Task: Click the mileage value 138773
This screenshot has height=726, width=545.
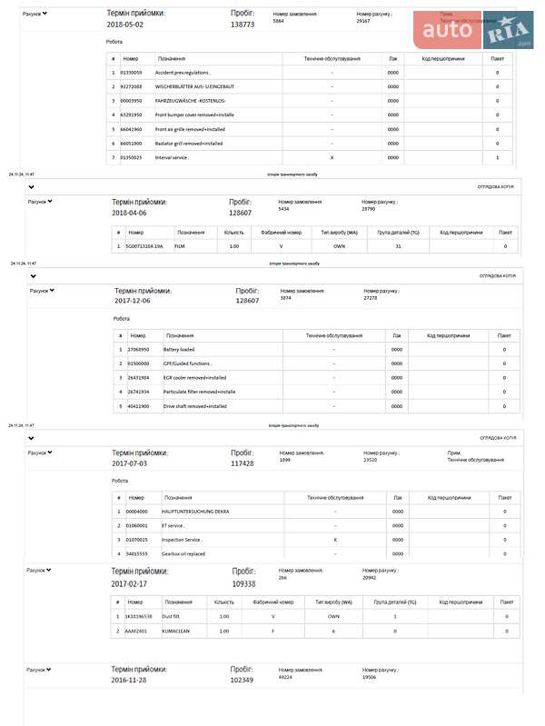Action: (243, 25)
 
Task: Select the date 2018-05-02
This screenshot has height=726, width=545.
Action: (126, 25)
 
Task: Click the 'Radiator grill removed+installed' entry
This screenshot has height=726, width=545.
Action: (189, 144)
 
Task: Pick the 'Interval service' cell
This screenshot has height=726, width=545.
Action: (172, 158)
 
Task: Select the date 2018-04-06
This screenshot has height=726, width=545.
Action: (129, 213)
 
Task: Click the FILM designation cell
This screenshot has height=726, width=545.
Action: (180, 246)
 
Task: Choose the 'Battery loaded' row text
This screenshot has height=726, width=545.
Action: (179, 349)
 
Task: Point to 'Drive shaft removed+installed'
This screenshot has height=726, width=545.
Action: (195, 406)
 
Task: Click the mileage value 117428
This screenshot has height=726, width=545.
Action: (243, 462)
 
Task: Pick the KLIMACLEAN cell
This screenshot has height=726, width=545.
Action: (176, 631)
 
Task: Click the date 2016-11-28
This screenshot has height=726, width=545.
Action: (128, 680)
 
